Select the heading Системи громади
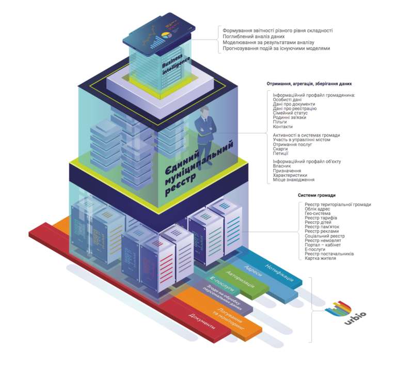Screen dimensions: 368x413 pos(316,195)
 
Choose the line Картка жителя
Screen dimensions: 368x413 pos(320,258)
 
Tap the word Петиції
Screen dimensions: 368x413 pos(281,153)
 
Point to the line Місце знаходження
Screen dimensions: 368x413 pos(294,179)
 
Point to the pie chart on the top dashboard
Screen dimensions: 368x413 pos(166,35)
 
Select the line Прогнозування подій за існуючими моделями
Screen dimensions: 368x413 pos(276,48)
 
